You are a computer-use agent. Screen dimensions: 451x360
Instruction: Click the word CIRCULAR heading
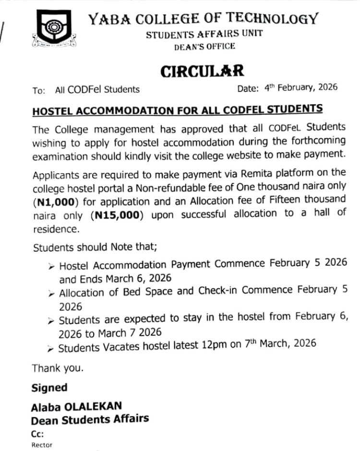[202, 71]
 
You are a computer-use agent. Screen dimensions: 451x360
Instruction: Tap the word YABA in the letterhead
[104, 21]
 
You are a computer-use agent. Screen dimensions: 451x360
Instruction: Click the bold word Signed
[49, 387]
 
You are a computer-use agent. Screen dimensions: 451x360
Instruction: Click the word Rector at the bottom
[42, 444]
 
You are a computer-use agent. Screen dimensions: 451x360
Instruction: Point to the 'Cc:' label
[37, 433]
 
